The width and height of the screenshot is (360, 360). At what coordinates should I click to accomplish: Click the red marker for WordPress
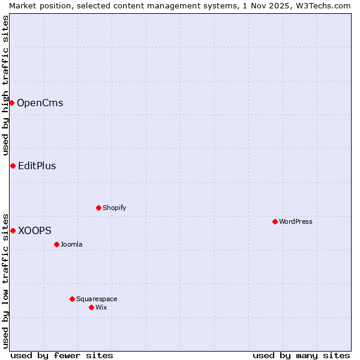click(275, 221)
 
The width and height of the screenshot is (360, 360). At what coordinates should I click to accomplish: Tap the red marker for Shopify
click(98, 208)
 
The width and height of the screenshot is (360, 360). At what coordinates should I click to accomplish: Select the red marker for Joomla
click(56, 244)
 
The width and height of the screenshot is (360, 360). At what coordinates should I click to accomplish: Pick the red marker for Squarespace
click(72, 299)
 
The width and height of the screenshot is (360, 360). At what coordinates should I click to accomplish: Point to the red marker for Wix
click(91, 307)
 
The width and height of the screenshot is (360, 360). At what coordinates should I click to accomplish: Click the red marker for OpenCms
click(11, 103)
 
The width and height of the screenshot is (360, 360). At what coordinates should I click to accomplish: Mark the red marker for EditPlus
click(13, 166)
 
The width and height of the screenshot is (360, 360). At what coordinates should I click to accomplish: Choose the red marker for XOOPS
click(13, 230)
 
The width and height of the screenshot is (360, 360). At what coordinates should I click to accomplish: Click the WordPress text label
click(296, 221)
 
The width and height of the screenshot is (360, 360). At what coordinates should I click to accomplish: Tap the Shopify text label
click(115, 208)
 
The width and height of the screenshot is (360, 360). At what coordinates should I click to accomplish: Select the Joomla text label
click(71, 244)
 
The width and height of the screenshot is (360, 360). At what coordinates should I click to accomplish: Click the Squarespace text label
click(97, 299)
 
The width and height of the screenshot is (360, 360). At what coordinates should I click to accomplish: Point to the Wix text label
click(101, 307)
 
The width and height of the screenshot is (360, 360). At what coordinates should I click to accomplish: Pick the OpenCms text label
click(40, 103)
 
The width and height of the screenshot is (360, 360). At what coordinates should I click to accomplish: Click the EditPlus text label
click(37, 166)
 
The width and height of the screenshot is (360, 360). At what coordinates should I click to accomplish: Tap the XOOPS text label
click(34, 230)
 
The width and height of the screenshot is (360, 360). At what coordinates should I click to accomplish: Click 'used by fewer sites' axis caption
click(62, 355)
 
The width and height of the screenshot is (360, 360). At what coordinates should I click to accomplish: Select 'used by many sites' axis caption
click(301, 355)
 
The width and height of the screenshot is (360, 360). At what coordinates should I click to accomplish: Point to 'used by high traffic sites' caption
click(5, 86)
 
